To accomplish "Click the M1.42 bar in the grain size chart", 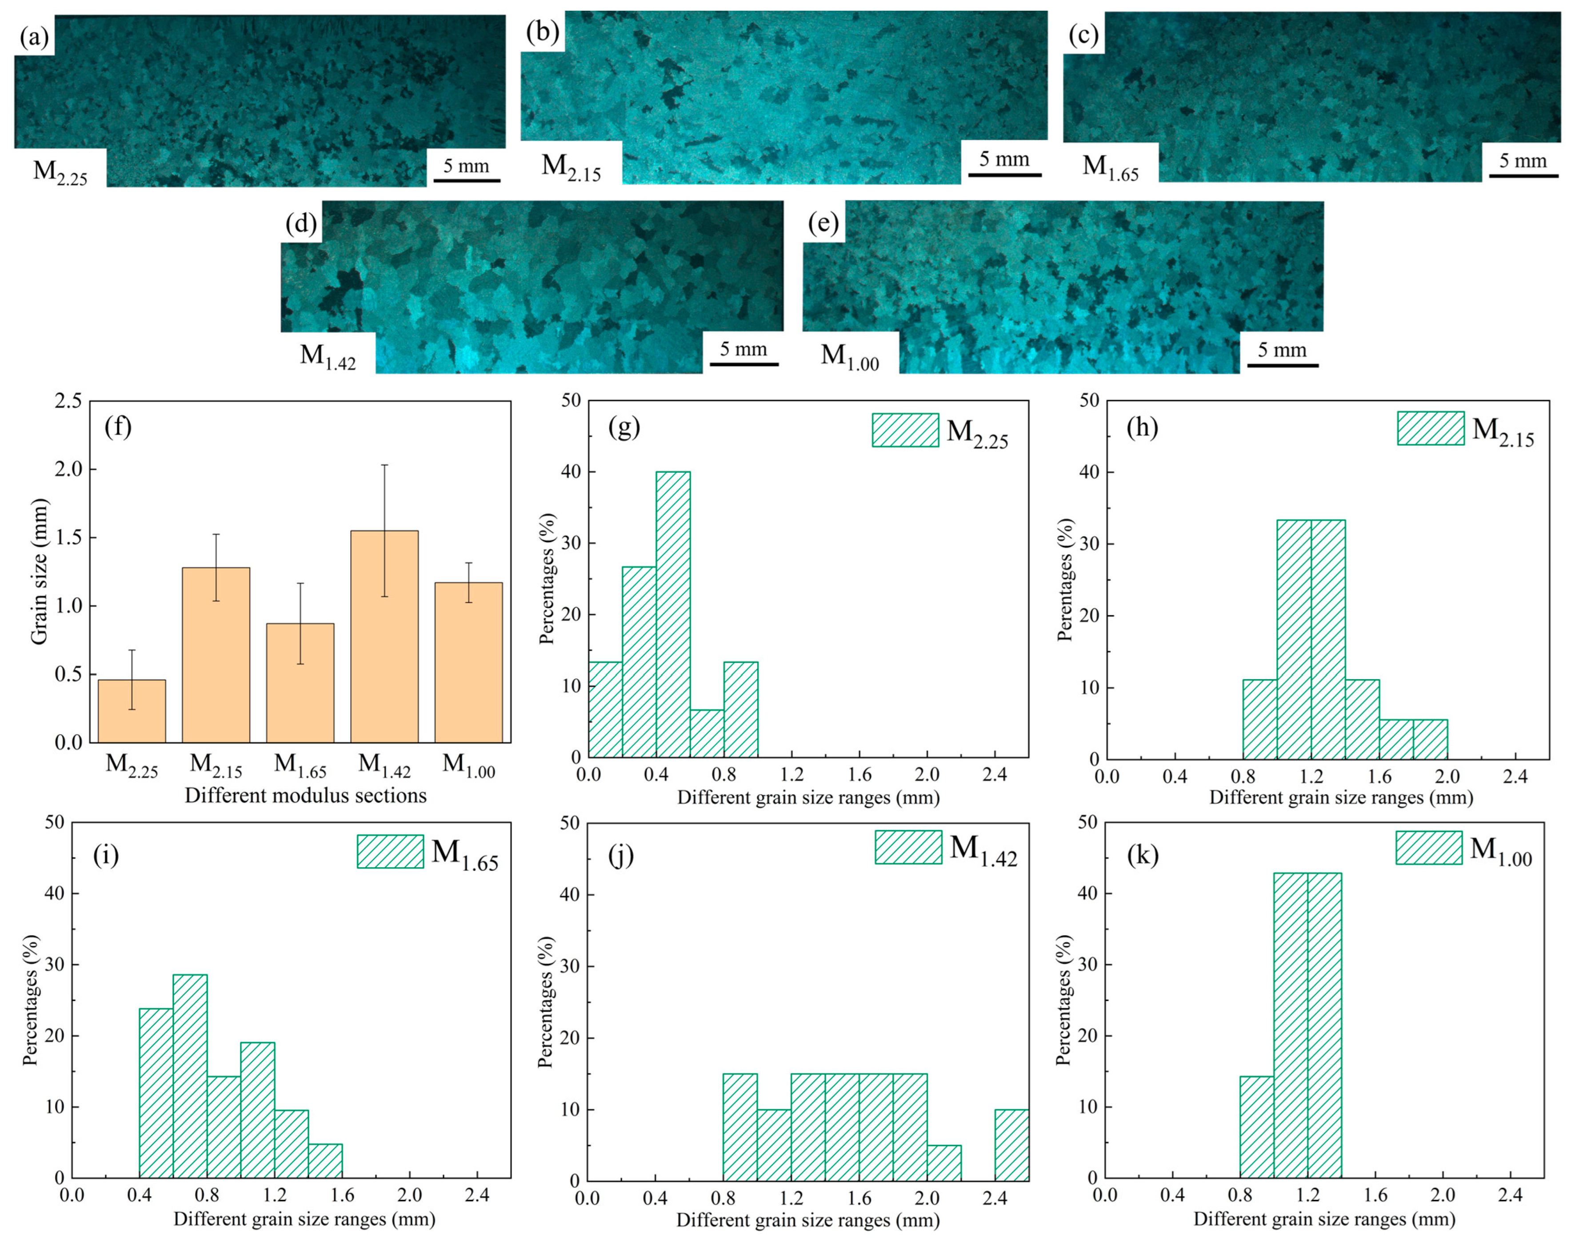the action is coord(384,636).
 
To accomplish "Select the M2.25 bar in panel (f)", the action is coord(132,711).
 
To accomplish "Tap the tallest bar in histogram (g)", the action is coord(673,615).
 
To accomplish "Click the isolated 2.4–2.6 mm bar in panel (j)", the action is coord(1011,1144).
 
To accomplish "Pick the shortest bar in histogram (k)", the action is coord(1257,1138).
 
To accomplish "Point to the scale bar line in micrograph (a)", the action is coord(467,180).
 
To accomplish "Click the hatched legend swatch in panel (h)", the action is coord(1431,428).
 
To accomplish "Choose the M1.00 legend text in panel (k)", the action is coord(1501,849).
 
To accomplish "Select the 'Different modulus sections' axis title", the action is coord(305,795).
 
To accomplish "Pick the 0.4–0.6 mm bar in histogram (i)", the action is coord(156,1093).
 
